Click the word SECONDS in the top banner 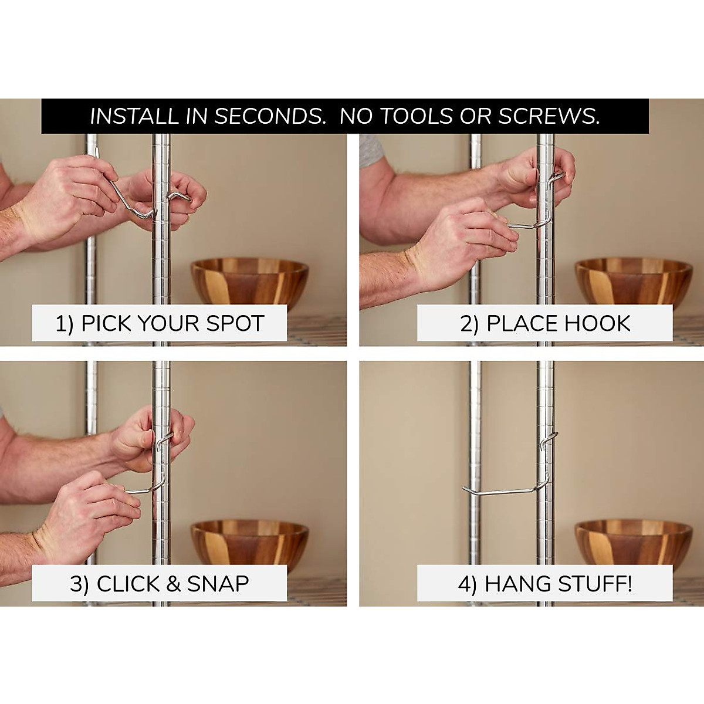(269, 116)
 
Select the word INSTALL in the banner (133, 116)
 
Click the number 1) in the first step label (65, 324)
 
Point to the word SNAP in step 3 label (218, 584)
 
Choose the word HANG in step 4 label (516, 584)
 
